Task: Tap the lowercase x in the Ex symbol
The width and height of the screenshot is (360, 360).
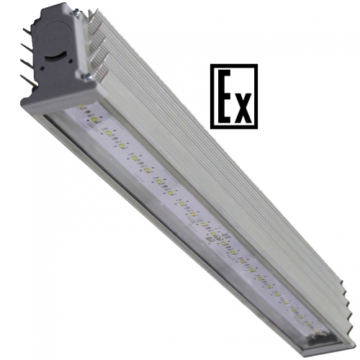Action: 243,107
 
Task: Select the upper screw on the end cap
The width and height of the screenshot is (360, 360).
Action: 76,11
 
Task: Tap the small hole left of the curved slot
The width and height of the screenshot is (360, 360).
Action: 42,68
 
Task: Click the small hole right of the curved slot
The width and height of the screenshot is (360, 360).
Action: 71,61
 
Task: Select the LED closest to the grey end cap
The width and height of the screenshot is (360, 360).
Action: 81,107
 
